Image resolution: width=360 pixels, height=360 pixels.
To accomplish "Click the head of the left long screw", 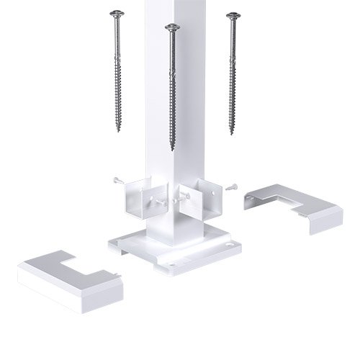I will point(116,14).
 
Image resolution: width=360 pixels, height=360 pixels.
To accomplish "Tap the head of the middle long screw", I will point(171,28).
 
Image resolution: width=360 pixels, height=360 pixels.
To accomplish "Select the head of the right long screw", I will point(232,15).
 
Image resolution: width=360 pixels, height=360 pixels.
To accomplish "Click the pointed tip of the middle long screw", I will point(172,149).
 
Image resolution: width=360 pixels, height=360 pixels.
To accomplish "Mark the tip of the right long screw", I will point(232,133).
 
